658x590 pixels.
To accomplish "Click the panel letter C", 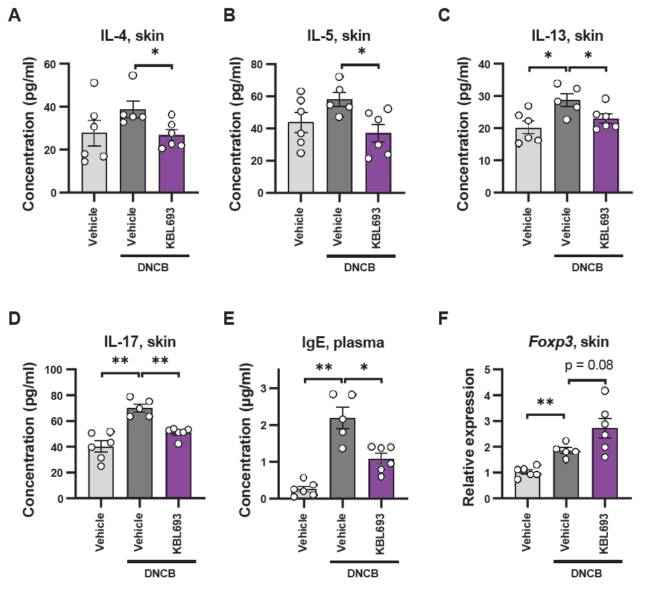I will (443, 15).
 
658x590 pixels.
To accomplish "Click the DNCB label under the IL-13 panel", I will (588, 266).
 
